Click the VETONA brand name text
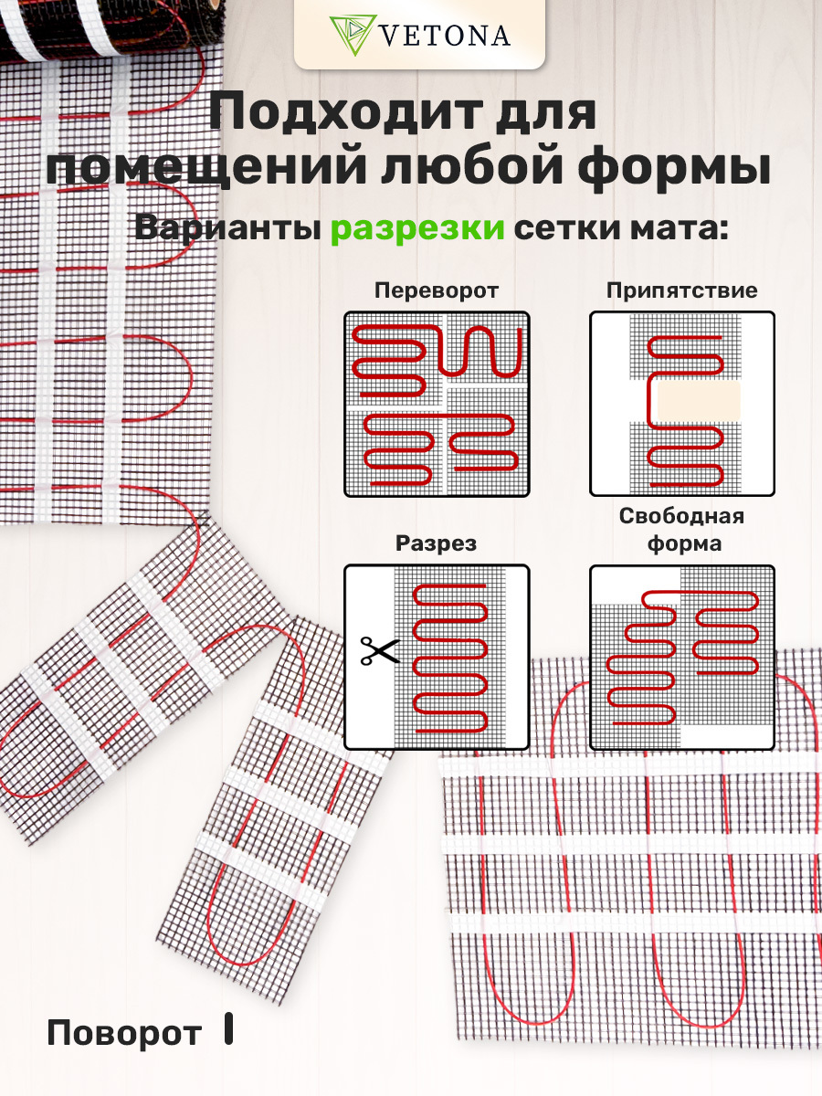pyautogui.click(x=443, y=36)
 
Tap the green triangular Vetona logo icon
pyautogui.click(x=349, y=35)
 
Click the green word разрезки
pyautogui.click(x=417, y=227)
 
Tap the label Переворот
pyautogui.click(x=437, y=291)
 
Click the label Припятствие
pyautogui.click(x=681, y=291)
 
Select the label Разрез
pyautogui.click(x=436, y=544)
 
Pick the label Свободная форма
pyautogui.click(x=681, y=530)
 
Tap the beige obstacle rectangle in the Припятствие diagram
pyautogui.click(x=699, y=401)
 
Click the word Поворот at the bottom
pyautogui.click(x=124, y=1033)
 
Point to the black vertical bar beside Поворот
pyautogui.click(x=228, y=1028)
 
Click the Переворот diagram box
pyautogui.click(x=437, y=404)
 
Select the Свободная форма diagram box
pyautogui.click(x=681, y=658)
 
